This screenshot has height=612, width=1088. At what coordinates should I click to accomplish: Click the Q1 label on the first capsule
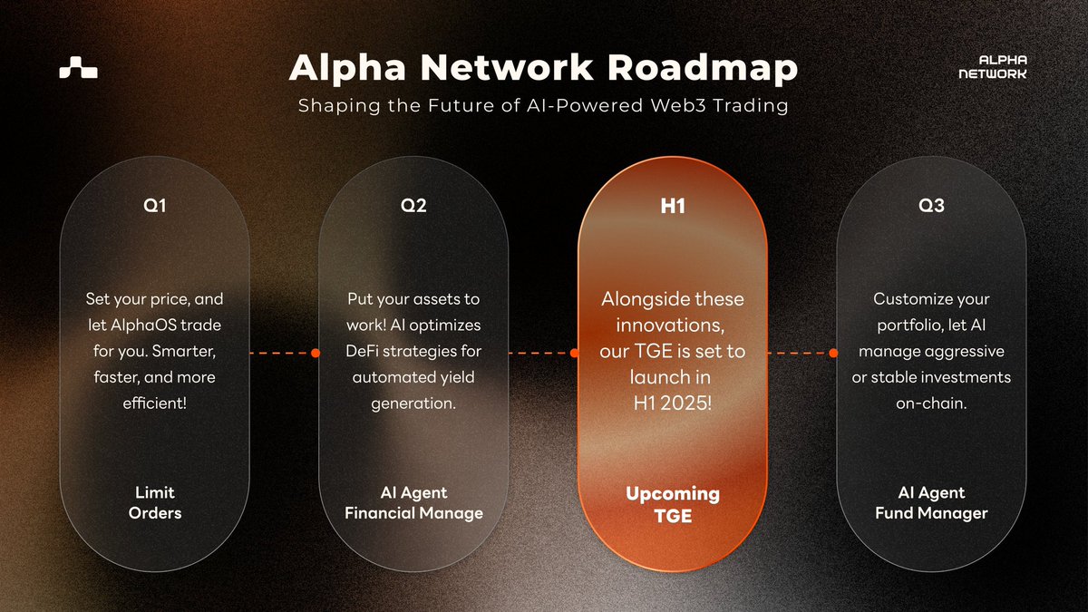(x=155, y=206)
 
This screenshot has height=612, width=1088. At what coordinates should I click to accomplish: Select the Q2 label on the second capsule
(x=413, y=206)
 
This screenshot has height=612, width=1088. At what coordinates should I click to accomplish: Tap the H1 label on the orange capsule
(x=672, y=207)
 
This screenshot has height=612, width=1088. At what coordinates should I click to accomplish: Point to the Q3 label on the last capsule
(x=931, y=206)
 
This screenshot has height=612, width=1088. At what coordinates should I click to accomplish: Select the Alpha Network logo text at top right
(x=992, y=67)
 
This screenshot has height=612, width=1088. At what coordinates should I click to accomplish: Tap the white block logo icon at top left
(x=78, y=68)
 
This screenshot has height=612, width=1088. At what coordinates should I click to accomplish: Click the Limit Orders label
(x=155, y=503)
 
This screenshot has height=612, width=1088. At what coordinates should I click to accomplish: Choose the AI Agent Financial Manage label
(x=413, y=503)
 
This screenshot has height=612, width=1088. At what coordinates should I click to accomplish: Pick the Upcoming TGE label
(x=672, y=504)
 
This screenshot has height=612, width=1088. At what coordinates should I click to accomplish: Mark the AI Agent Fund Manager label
(x=931, y=503)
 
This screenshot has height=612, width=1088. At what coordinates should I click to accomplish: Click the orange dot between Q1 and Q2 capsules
(x=315, y=354)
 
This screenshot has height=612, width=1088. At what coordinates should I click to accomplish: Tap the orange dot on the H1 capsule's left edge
(x=574, y=354)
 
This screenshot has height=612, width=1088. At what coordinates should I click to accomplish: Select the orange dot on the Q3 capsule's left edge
(x=833, y=354)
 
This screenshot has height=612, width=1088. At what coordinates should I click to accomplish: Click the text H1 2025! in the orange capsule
(x=673, y=402)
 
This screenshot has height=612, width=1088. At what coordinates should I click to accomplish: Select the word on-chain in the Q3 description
(x=931, y=403)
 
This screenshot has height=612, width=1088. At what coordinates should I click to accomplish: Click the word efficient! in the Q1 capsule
(x=155, y=403)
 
